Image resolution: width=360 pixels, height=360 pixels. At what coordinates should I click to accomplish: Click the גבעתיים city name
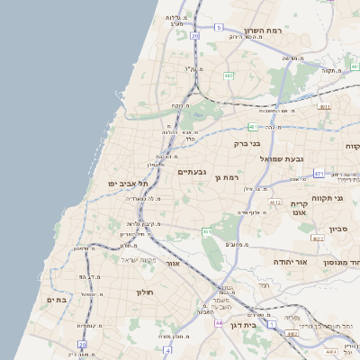coord(193,172)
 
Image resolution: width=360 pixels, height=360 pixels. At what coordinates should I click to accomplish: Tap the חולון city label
coord(146,292)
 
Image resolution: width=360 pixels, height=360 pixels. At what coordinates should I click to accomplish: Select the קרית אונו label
coord(300,208)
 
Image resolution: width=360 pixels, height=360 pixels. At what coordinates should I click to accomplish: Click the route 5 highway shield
coord(218,28)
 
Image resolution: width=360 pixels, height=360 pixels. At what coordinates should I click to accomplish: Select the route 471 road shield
coord(319,173)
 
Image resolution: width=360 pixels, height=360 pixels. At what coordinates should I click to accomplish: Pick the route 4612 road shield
coord(275,203)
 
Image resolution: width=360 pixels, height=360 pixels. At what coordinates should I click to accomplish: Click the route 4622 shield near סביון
coord(318,238)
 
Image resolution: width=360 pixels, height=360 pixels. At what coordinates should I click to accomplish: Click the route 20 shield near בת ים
coord(82,345)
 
